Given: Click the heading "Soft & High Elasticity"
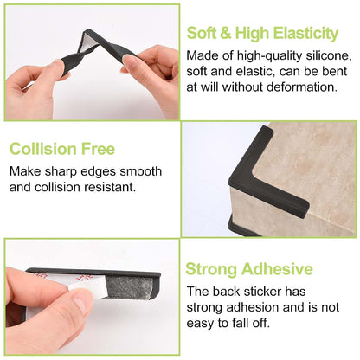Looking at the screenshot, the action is (262, 34).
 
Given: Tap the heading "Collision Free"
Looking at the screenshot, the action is (62, 149).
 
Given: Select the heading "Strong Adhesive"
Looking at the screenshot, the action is (249, 269).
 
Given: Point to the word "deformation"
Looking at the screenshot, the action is (302, 87).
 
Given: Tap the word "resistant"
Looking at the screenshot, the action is (110, 187).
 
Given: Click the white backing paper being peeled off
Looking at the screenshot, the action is (87, 286).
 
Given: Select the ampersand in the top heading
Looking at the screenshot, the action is (225, 33).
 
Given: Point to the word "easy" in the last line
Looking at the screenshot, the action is (200, 324).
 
